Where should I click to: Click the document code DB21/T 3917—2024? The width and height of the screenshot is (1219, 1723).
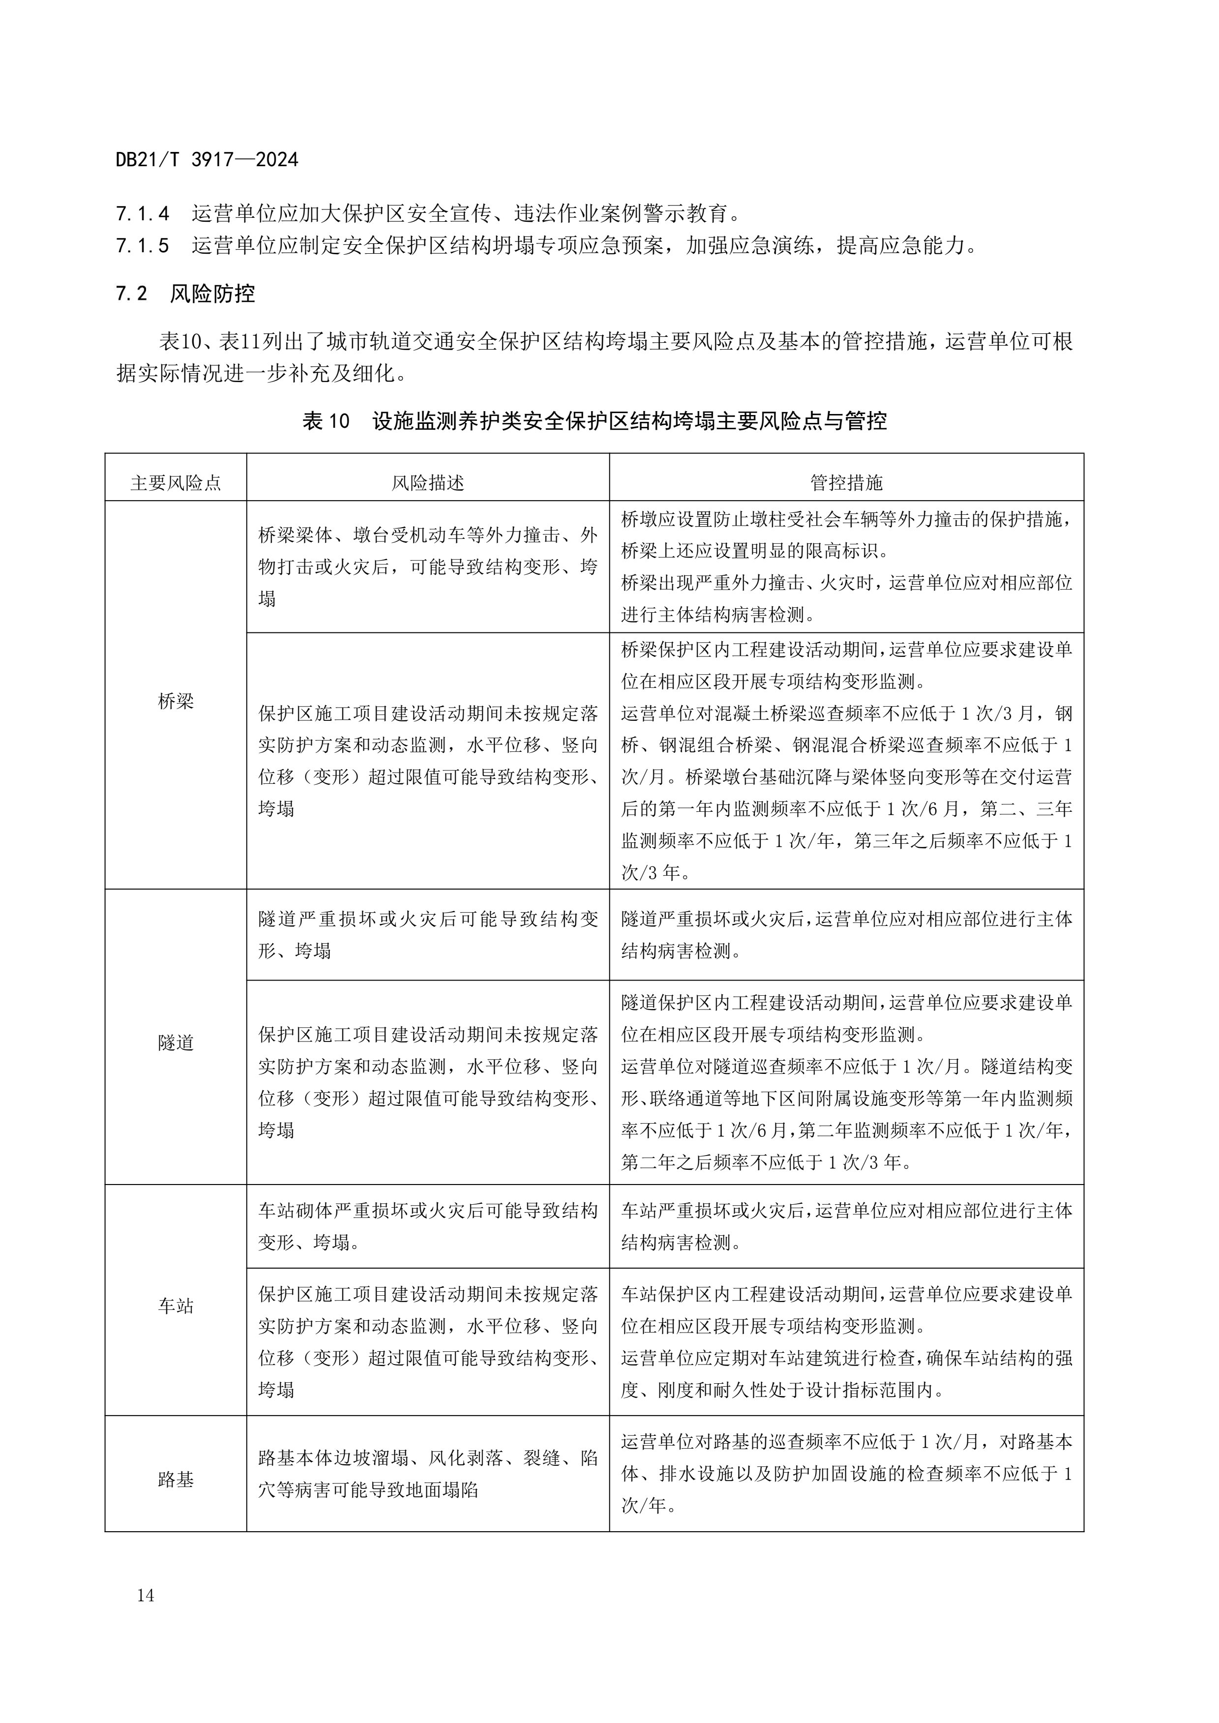207,160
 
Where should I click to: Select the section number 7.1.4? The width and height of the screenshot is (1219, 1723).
143,214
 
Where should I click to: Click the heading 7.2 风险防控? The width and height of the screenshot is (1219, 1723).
185,294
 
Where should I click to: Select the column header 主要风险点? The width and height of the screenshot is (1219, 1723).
176,482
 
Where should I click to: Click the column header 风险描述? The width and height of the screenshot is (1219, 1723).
428,482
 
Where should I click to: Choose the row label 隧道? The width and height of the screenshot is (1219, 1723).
176,1043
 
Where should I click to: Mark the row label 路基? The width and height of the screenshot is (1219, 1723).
176,1480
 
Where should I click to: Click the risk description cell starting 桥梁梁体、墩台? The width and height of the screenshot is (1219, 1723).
428,566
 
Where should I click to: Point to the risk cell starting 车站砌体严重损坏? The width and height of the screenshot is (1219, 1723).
428,1227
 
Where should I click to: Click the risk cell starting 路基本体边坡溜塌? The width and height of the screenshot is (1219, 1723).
428,1474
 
